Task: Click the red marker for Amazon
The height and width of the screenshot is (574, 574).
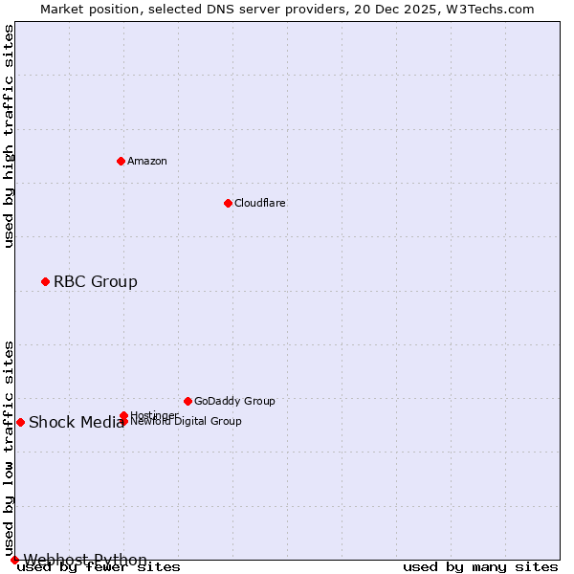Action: [121, 161]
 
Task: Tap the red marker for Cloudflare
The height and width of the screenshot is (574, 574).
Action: [228, 203]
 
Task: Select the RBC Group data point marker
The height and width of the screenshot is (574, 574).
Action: [45, 281]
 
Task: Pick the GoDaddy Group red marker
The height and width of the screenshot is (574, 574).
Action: [188, 401]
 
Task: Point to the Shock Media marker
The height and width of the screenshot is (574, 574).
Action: [20, 422]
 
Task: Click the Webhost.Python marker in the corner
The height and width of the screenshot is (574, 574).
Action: [14, 560]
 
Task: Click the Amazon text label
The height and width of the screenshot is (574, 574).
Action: [147, 161]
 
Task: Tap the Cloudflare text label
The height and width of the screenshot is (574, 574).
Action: [260, 203]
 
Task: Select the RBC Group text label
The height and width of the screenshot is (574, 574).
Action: [96, 281]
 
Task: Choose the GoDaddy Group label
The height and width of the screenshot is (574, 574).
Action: [234, 401]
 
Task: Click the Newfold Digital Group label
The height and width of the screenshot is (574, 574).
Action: [187, 422]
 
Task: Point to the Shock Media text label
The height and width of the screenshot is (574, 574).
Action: [76, 423]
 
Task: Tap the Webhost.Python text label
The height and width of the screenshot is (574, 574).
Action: [85, 560]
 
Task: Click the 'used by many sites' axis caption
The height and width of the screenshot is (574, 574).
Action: [480, 567]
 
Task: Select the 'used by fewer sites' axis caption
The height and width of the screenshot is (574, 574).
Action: [99, 567]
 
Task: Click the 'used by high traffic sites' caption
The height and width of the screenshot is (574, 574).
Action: [10, 136]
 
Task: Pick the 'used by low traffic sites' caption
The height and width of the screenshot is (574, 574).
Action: [10, 448]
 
